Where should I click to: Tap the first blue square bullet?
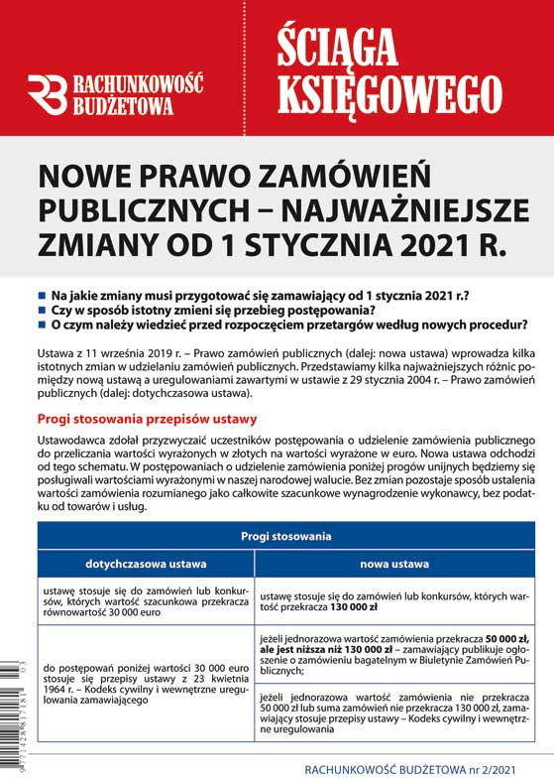42,296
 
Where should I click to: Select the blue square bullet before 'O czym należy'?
42,325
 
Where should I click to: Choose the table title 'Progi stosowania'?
284,536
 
